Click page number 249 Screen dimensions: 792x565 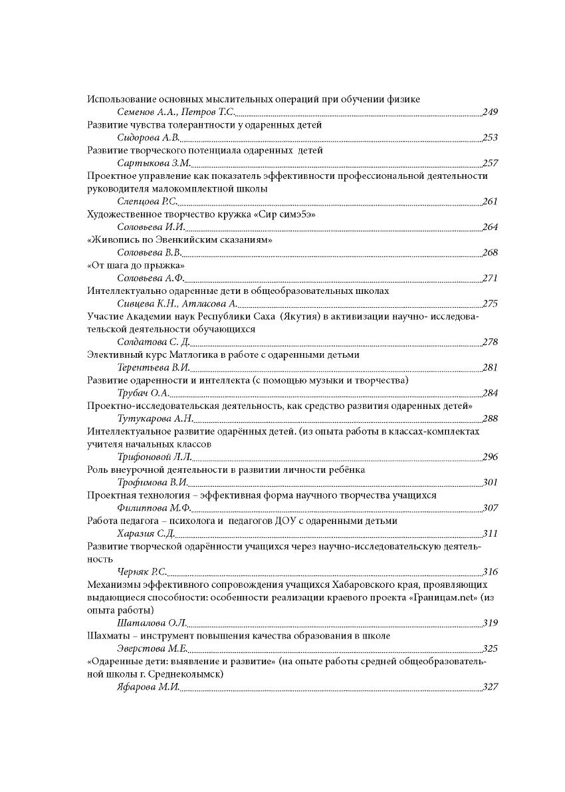(490, 112)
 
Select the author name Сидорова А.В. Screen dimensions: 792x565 (148, 138)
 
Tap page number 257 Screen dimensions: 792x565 (490, 163)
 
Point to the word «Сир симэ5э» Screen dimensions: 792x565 (286, 214)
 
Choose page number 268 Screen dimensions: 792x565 (490, 253)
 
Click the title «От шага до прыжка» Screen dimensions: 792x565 (136, 265)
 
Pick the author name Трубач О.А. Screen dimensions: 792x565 (143, 393)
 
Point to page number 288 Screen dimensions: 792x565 (490, 418)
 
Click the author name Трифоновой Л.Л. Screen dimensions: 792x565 (154, 457)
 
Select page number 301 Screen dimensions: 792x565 (490, 483)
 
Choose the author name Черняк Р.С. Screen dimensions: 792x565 (142, 572)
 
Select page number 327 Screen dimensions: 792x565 (490, 687)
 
